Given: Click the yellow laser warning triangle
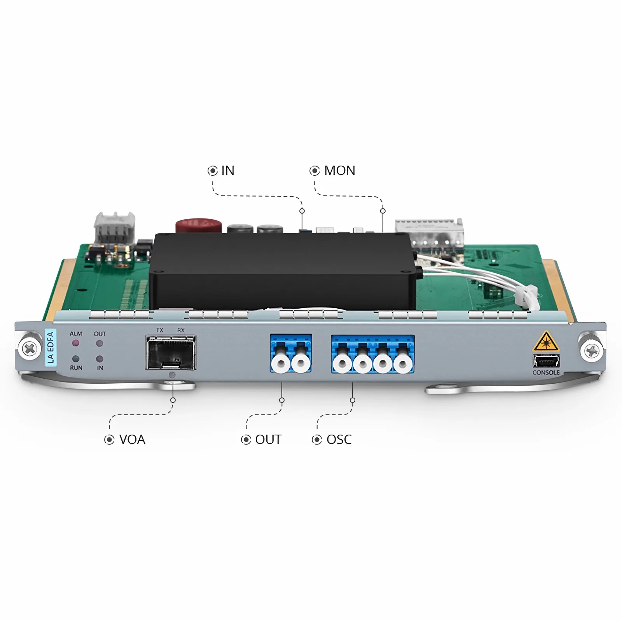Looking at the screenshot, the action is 546,341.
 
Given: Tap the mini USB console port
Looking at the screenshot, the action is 546,362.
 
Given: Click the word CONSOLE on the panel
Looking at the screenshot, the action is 546,372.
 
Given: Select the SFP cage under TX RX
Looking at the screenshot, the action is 171,353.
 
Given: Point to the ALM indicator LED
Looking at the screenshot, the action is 76,343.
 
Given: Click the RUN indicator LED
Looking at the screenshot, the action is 76,359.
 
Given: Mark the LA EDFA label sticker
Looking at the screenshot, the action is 51,348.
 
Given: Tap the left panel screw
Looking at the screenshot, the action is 30,348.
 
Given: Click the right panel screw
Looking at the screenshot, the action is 591,351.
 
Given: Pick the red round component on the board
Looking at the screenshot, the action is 198,226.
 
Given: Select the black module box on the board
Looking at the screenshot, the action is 282,271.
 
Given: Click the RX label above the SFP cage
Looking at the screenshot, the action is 181,330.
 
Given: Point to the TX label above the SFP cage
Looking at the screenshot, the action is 160,330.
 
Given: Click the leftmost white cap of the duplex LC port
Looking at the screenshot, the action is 281,364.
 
